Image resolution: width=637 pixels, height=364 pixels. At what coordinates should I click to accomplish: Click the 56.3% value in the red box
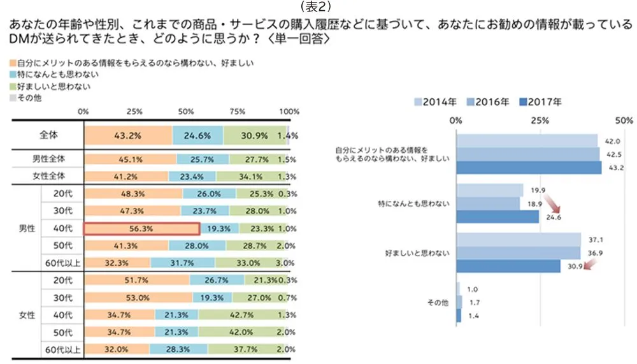coord(142,228)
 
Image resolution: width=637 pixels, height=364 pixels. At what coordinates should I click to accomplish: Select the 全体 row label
coord(48,136)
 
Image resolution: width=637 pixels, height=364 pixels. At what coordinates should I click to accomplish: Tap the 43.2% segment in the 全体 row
coord(128,136)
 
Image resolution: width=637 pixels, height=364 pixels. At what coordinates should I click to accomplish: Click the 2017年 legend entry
coord(541,101)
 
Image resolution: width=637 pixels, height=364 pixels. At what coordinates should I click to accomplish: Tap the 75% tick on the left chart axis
coord(237,112)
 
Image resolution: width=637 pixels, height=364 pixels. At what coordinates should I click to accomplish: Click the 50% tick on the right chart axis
coord(624,120)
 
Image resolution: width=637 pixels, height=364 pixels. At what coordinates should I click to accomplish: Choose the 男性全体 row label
coord(48,159)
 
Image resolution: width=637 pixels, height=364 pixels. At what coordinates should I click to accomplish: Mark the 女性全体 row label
coord(48,176)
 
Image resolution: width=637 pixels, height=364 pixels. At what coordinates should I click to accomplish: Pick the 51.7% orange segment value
coord(137,280)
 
